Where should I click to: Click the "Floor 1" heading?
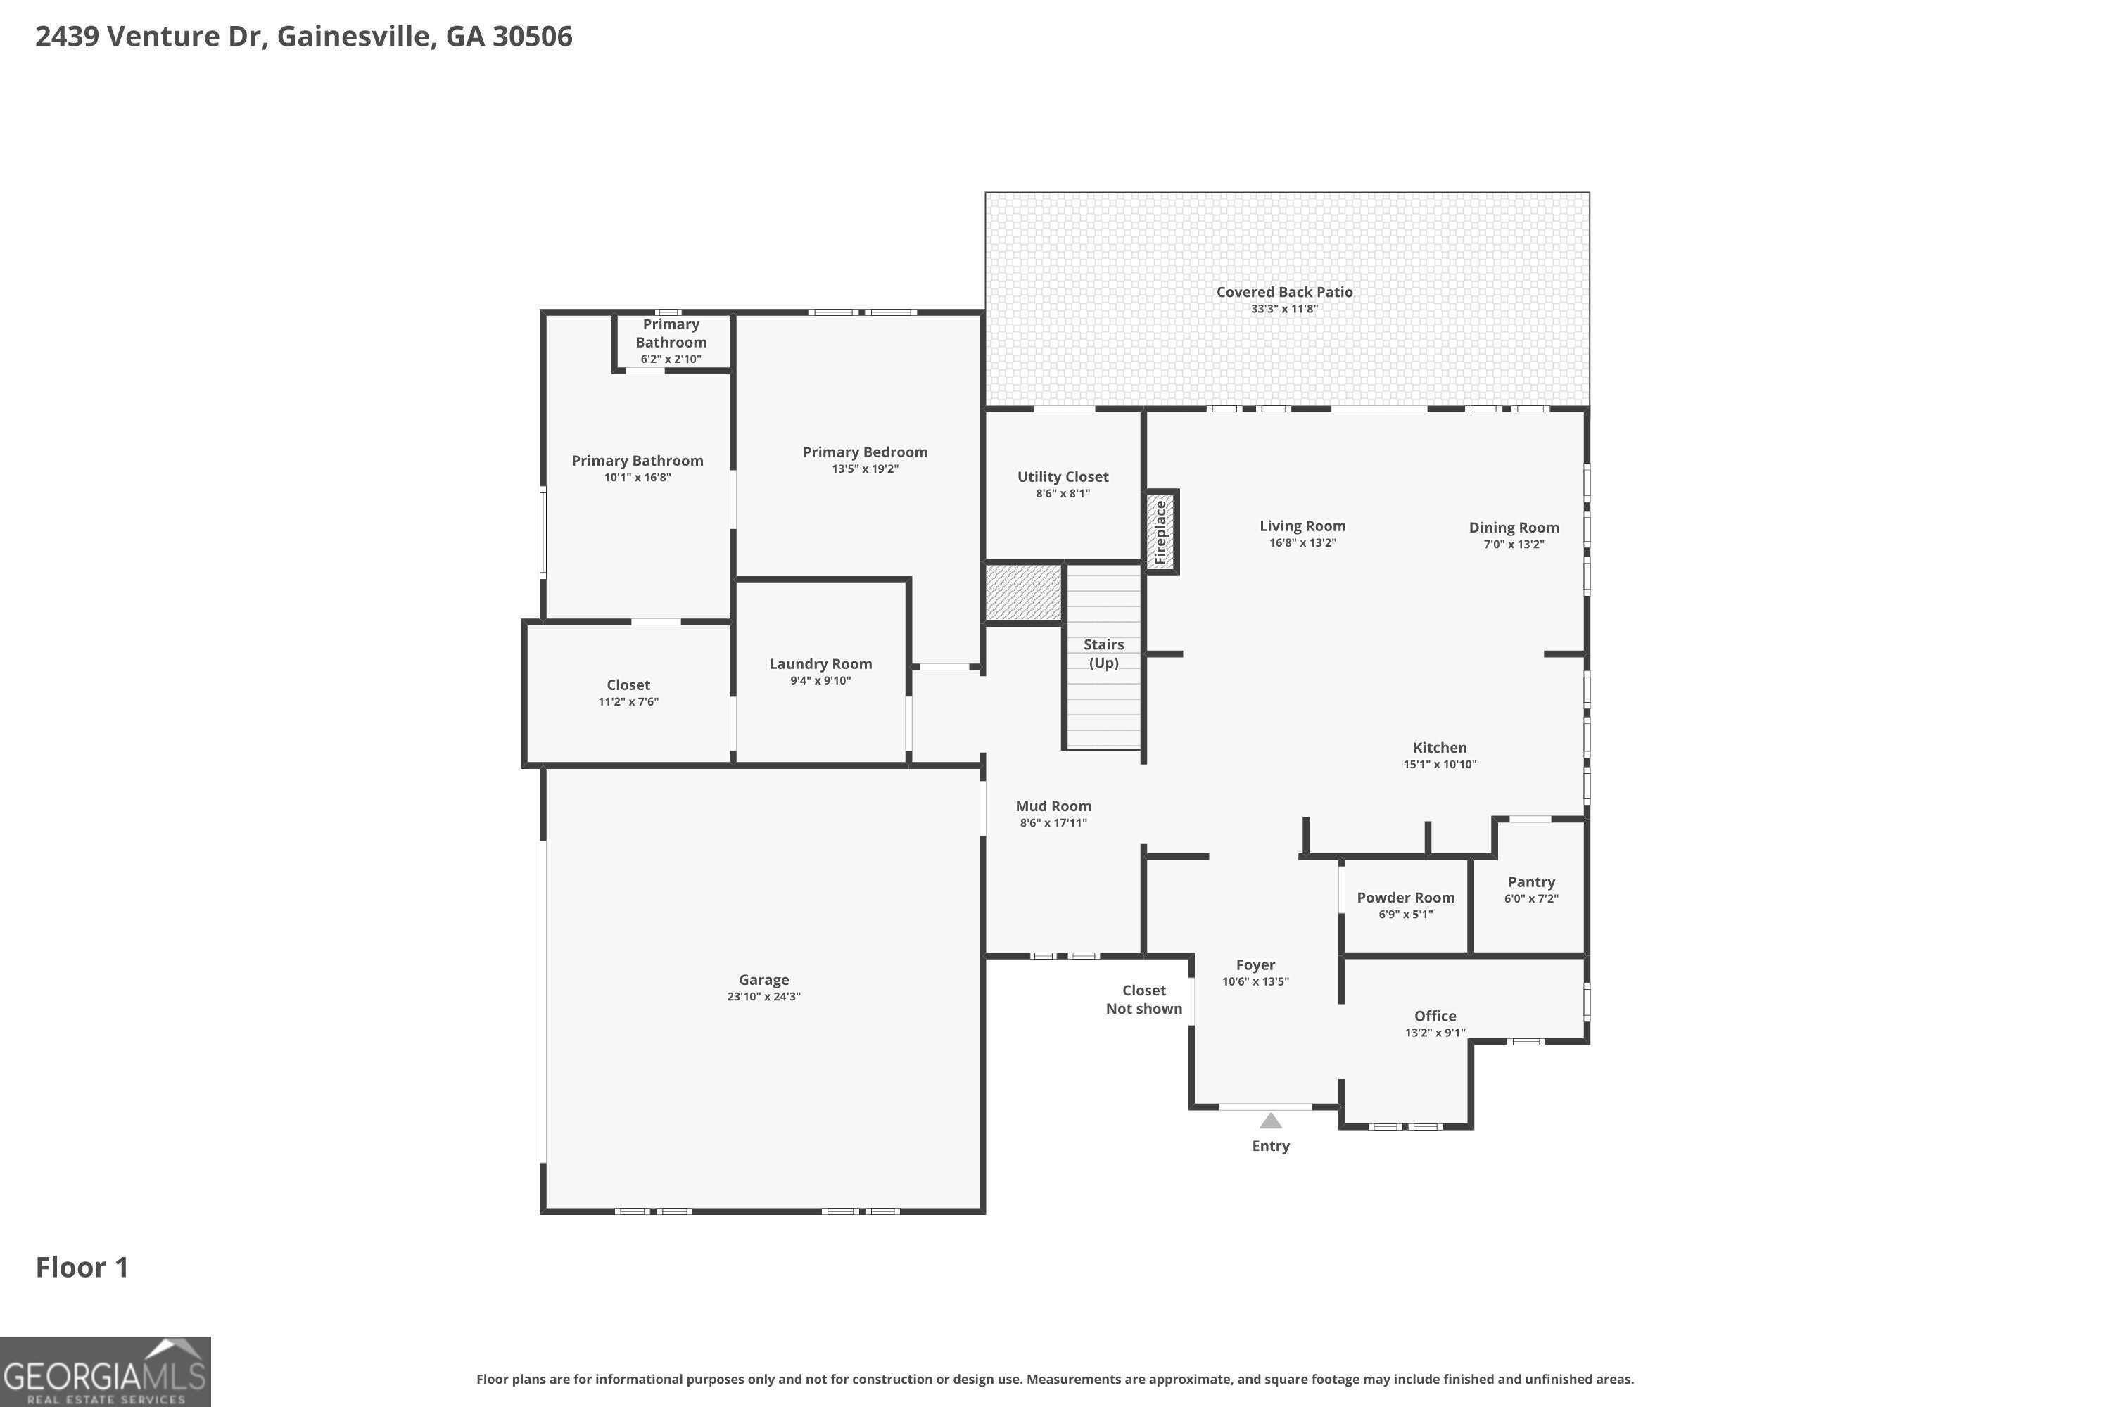click(82, 1267)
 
